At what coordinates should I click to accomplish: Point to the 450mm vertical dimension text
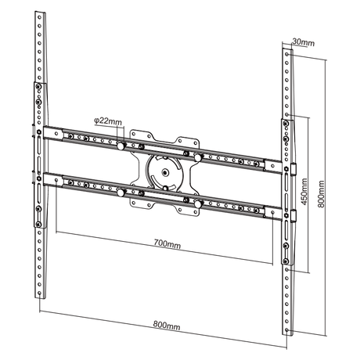click(x=303, y=190)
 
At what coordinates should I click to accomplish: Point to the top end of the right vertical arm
click(x=284, y=49)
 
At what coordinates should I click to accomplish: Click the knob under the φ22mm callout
click(x=123, y=144)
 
